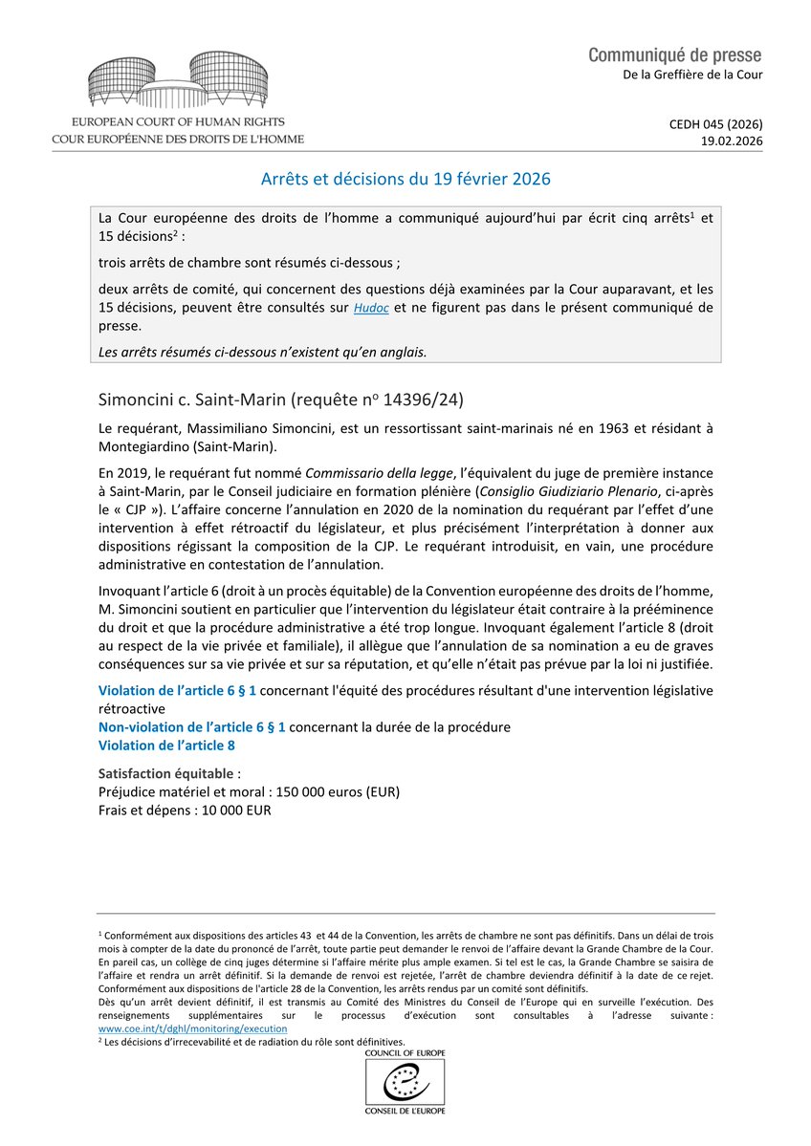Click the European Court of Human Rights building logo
coord(178,82)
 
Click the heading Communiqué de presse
coord(675,54)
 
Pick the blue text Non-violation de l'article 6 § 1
coord(191,727)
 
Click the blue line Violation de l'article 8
coord(166,745)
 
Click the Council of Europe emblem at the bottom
coord(405,1085)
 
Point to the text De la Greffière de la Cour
coord(689,75)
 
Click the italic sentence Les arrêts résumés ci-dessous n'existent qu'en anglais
coord(263,351)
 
